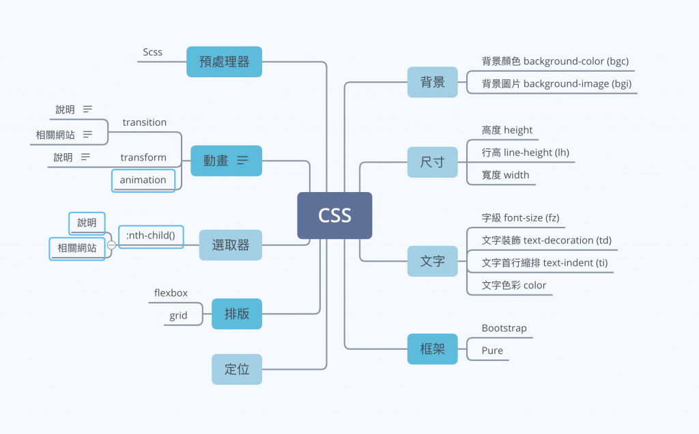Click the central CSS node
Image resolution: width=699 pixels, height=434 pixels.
click(334, 215)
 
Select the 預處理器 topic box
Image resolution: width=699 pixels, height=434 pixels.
click(224, 62)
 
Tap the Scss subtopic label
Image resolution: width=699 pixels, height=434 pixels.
click(152, 52)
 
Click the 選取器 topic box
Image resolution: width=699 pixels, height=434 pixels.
click(231, 245)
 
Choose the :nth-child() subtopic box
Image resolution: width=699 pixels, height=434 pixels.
click(151, 236)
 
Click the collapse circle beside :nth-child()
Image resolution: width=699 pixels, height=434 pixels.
click(111, 245)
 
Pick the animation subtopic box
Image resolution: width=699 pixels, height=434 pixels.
click(143, 180)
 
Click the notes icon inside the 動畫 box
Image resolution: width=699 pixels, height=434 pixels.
click(242, 160)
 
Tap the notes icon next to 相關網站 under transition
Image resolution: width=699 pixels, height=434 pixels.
click(87, 135)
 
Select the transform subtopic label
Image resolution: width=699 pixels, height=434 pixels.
click(143, 157)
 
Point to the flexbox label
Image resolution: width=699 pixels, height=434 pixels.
click(171, 293)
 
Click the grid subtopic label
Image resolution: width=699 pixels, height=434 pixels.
click(178, 316)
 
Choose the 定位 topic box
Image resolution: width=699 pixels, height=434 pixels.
click(237, 369)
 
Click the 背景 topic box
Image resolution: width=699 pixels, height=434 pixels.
click(432, 82)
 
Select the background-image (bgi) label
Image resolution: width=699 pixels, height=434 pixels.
click(556, 83)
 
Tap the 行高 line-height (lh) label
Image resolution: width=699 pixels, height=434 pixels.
click(525, 152)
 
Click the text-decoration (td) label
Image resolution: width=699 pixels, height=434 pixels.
click(547, 240)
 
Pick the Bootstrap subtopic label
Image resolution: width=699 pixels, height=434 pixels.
click(504, 328)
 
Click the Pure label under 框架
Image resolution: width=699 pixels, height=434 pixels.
click(492, 351)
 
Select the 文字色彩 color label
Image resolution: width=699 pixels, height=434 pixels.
click(513, 285)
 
